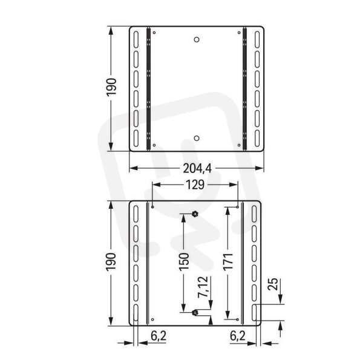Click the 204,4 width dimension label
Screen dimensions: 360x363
coord(197,169)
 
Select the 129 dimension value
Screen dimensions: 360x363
coord(195,185)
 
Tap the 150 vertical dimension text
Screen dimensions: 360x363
coord(185,262)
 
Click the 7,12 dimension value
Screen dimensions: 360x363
coord(203,287)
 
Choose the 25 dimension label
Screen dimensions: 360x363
coord(273,284)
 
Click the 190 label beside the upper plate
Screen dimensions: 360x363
coord(111,87)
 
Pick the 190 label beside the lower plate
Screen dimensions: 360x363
coord(111,262)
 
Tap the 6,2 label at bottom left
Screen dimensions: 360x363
coord(159,336)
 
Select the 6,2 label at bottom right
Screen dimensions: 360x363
coord(238,336)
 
